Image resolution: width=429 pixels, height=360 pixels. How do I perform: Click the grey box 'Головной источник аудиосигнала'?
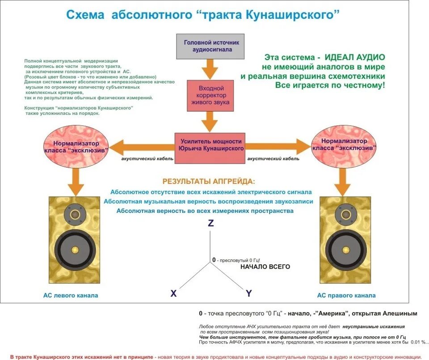[x=210, y=46]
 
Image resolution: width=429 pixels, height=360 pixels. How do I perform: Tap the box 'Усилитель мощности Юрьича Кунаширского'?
[x=211, y=144]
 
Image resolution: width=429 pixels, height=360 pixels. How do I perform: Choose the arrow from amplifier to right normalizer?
[x=277, y=146]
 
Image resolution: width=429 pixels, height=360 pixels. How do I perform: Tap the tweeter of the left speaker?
[x=75, y=215]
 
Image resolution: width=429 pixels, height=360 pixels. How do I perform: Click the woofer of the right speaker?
[x=343, y=249]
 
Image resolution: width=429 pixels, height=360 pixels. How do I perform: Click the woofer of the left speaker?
[x=75, y=249]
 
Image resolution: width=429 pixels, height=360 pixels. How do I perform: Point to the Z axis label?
[x=211, y=223]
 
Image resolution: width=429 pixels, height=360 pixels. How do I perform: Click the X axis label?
[x=173, y=293]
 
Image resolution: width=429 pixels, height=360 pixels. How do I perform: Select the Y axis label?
[x=249, y=293]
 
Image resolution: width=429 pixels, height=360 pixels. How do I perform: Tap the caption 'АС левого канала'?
[x=71, y=295]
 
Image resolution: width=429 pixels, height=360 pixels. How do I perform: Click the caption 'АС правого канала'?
[x=346, y=295]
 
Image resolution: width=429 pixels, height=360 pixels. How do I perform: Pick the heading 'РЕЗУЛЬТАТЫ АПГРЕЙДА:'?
[x=209, y=182]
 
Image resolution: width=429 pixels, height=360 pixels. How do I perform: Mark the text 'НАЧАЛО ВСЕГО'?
[x=265, y=267]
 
